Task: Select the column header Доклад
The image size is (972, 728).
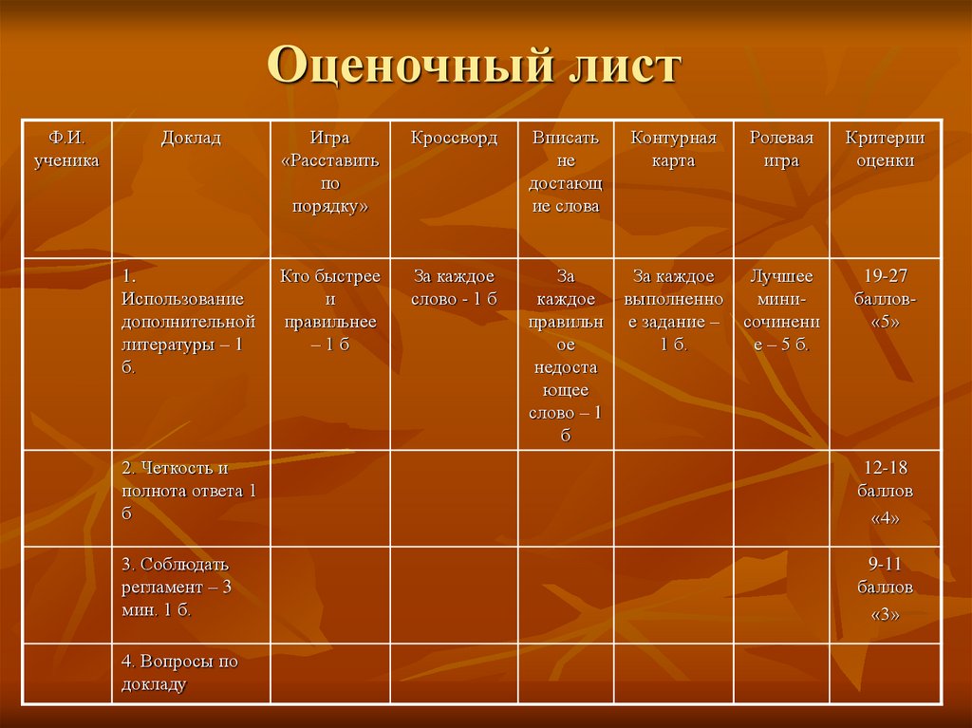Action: pos(191,139)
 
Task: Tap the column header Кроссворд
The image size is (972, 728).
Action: pos(454,139)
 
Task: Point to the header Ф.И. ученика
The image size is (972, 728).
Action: pos(66,150)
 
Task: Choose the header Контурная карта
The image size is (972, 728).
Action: pos(674,150)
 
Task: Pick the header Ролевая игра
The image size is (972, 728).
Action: pos(781,150)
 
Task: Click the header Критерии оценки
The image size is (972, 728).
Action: pos(885,150)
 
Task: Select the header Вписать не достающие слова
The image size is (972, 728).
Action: pos(565,173)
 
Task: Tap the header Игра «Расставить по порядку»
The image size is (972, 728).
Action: pos(329,173)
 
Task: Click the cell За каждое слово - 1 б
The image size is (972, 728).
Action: pos(454,288)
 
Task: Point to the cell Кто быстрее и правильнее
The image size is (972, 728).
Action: pos(329,310)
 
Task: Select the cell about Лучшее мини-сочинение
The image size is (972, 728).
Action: pos(781,310)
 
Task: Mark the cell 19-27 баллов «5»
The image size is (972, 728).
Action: pos(885,299)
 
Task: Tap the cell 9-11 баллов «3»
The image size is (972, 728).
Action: pos(885,588)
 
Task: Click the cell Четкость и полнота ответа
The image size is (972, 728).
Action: pos(190,491)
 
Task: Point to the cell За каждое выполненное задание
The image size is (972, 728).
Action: pos(674,310)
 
